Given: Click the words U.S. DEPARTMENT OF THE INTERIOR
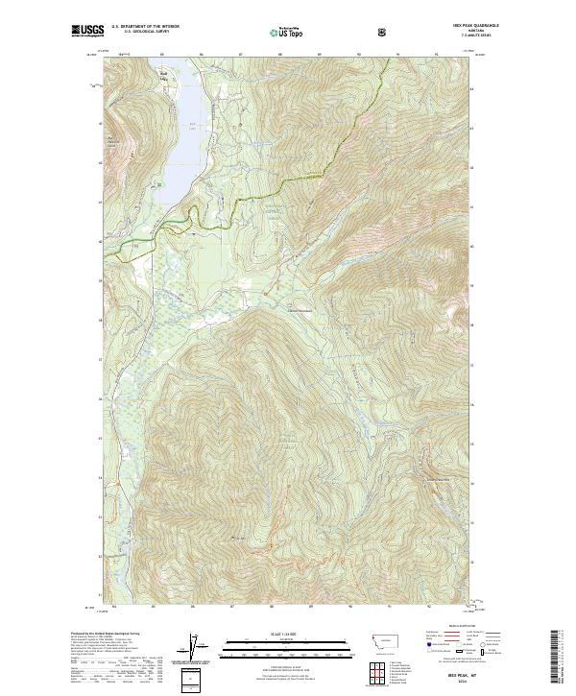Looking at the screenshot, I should pyautogui.click(x=145, y=27).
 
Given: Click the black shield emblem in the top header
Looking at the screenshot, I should pyautogui.click(x=383, y=32).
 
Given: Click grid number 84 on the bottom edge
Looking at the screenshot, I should pyautogui.click(x=114, y=607).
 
